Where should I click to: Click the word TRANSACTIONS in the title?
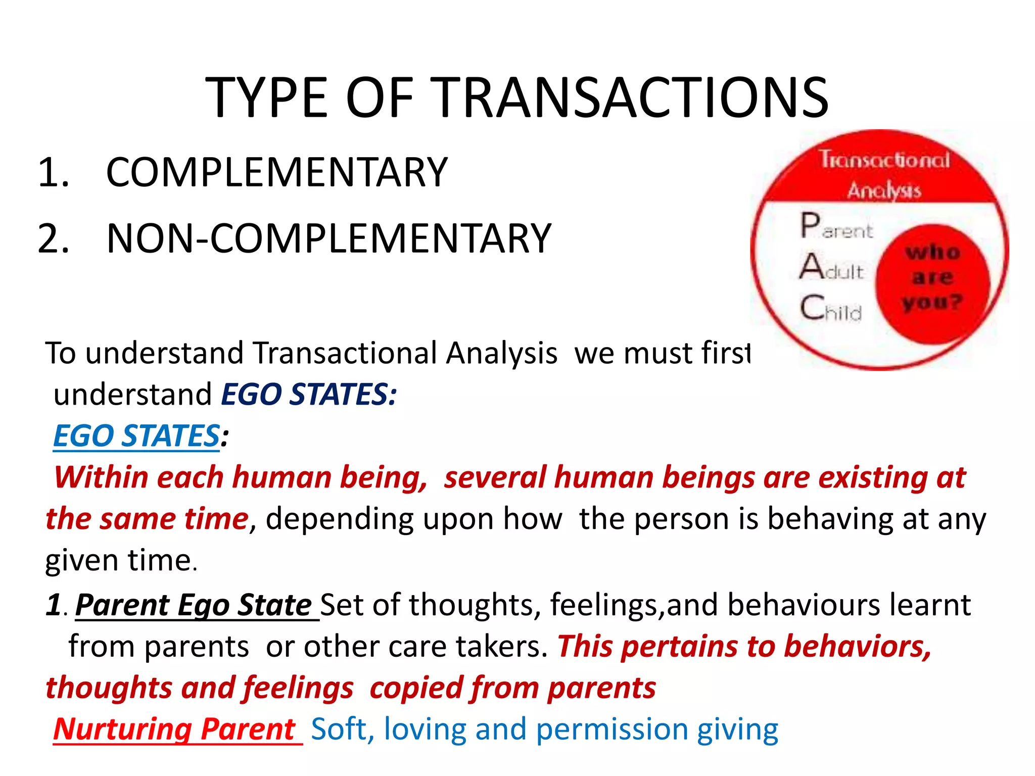point(631,98)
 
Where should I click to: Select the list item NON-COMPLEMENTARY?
point(328,238)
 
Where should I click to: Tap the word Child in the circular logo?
point(831,308)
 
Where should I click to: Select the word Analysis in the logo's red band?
point(884,190)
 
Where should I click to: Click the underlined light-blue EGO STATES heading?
point(136,435)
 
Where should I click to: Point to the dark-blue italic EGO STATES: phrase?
point(309,394)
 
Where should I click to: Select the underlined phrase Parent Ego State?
point(194,605)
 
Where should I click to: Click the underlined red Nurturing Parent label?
point(174,729)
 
